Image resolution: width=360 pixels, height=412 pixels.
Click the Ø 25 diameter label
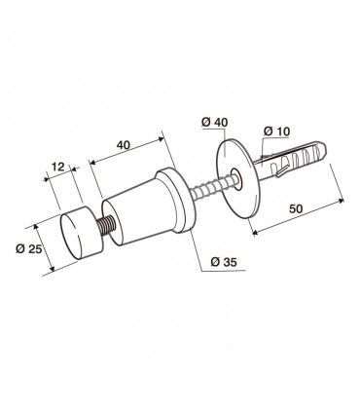point(29,249)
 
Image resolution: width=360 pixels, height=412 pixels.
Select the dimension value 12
point(58,167)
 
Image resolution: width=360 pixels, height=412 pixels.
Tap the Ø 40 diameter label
point(214,123)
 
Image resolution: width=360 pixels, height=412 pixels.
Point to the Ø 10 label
point(276,131)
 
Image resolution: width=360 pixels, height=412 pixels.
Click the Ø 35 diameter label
point(224,262)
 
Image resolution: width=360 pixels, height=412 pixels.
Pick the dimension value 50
point(296,208)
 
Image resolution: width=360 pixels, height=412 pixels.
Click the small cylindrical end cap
point(82,233)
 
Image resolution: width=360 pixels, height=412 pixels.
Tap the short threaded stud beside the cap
point(106,226)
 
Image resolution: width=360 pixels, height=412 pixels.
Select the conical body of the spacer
point(134,214)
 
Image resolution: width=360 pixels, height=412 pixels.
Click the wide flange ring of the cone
point(176,201)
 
